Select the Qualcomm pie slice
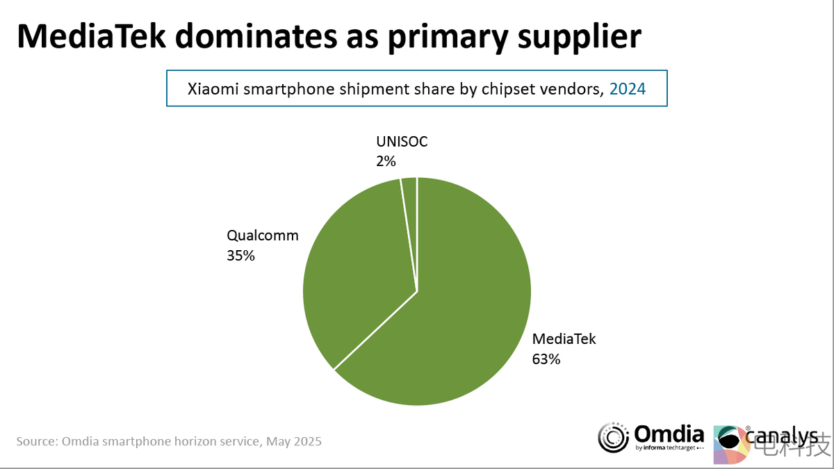click(x=354, y=271)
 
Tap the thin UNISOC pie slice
click(x=410, y=208)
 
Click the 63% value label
click(x=546, y=359)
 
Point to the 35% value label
click(x=240, y=255)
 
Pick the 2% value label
click(x=386, y=161)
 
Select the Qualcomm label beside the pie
click(x=263, y=236)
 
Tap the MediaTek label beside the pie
click(x=564, y=340)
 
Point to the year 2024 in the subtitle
click(x=628, y=88)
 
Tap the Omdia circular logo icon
click(x=614, y=437)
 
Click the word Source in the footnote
click(x=36, y=441)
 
